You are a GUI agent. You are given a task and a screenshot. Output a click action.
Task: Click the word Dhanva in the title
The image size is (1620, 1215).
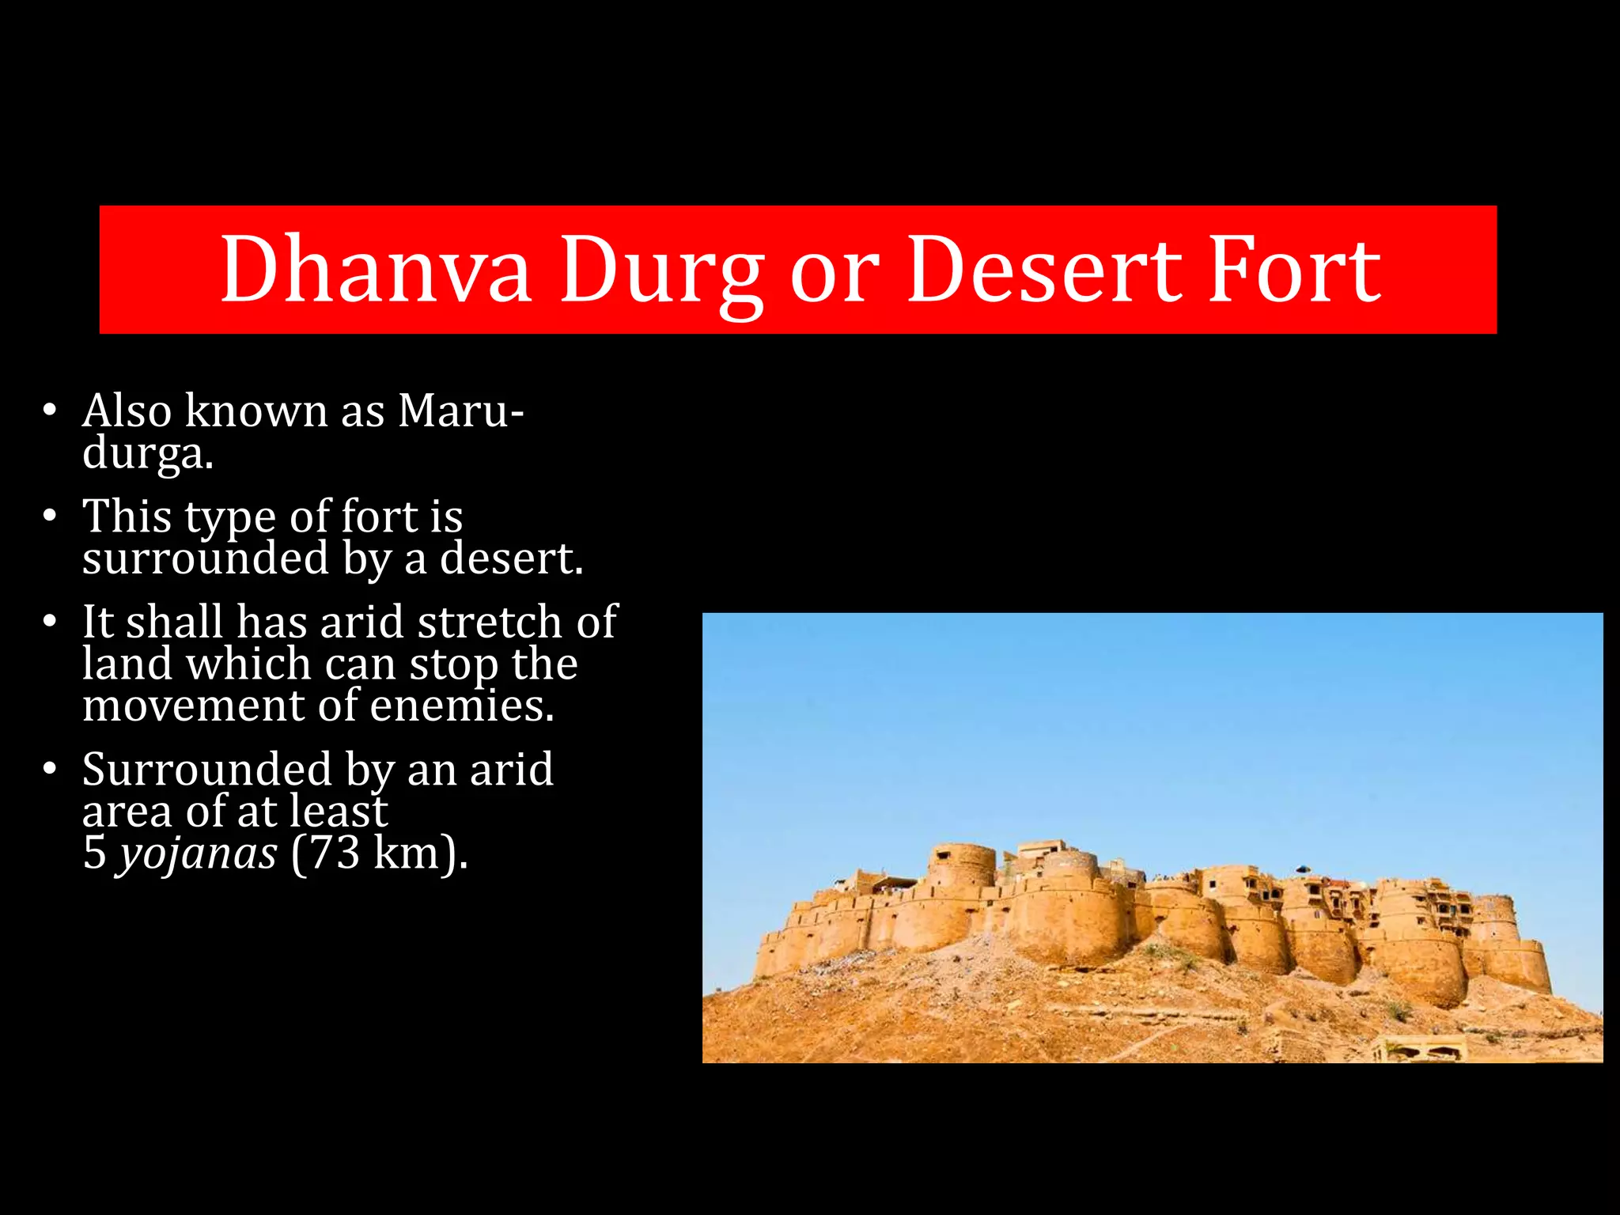click(x=375, y=271)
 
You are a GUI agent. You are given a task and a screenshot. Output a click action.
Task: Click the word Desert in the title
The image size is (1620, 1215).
click(x=1044, y=271)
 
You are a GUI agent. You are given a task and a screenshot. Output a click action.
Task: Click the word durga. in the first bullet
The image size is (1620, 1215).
click(x=148, y=454)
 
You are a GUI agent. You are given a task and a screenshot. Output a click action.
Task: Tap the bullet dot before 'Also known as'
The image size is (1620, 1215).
click(x=50, y=411)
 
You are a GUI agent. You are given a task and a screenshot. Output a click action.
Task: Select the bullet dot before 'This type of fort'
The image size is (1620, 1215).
click(x=50, y=516)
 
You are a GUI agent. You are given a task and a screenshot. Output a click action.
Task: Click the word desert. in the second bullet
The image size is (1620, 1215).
click(x=511, y=558)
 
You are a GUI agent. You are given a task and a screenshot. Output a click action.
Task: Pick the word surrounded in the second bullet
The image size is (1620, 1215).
click(x=206, y=558)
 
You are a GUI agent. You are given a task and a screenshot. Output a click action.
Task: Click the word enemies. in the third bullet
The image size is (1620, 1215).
click(x=462, y=706)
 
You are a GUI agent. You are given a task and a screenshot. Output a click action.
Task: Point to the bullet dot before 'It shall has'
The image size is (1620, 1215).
click(x=50, y=622)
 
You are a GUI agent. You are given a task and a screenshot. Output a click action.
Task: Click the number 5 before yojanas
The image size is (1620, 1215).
click(x=94, y=853)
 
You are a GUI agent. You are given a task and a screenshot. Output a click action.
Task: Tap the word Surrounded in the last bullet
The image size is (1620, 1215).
click(x=207, y=769)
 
